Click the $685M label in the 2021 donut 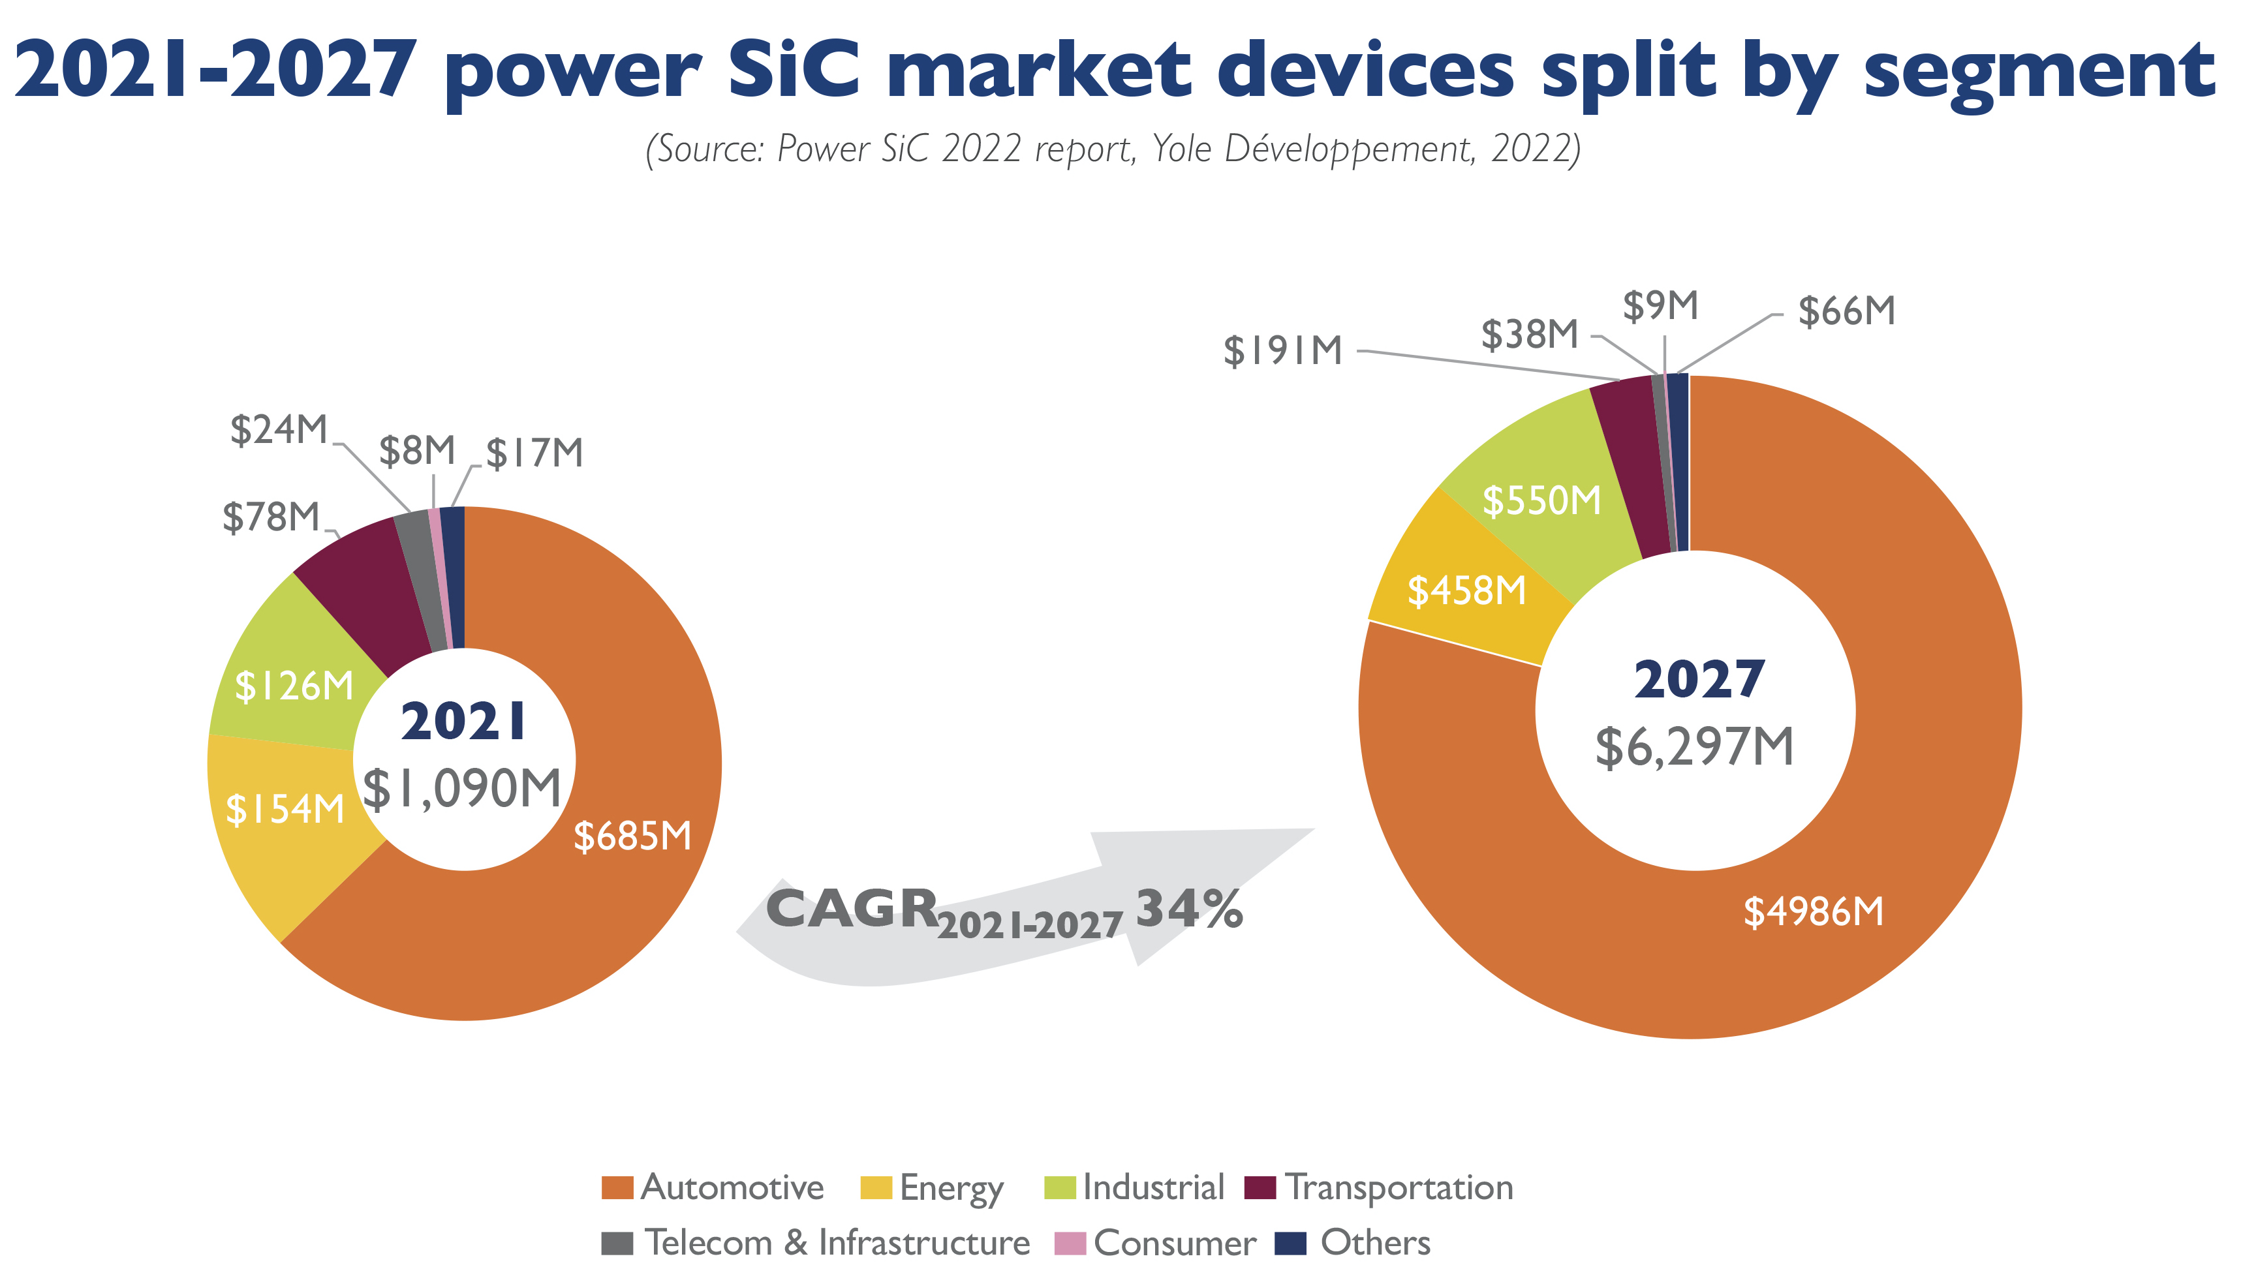(x=632, y=836)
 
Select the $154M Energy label (x=285, y=809)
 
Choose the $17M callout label (x=534, y=453)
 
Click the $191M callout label (x=1282, y=351)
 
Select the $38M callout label (x=1530, y=335)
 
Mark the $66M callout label (x=1847, y=312)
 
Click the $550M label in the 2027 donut (x=1541, y=500)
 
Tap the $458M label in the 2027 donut (x=1466, y=591)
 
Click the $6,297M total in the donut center (x=1694, y=748)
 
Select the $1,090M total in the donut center (x=462, y=788)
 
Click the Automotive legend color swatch (x=617, y=1188)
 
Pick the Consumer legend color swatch (x=1069, y=1244)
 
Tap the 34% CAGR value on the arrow (x=1189, y=909)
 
